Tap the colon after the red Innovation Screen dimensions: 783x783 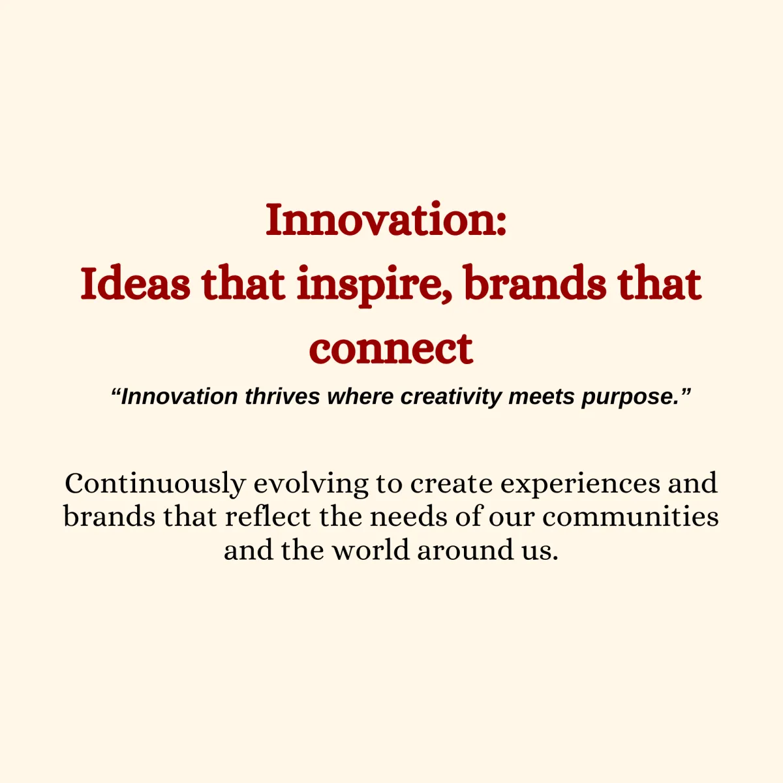[502, 224]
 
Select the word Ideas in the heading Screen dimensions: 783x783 [135, 283]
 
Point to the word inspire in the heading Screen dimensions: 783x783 [369, 286]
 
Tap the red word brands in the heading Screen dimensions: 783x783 [536, 283]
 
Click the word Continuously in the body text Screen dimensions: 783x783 [156, 484]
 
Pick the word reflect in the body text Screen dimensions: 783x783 [268, 517]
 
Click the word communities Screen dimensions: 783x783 [630, 517]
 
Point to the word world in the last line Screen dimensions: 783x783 [371, 550]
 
